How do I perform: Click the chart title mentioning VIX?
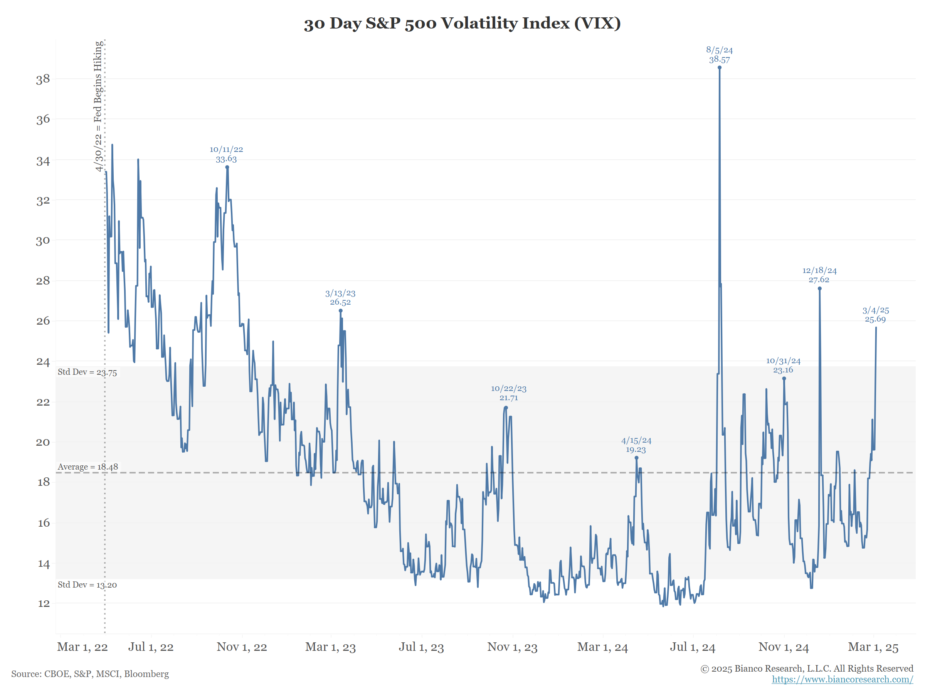pyautogui.click(x=462, y=24)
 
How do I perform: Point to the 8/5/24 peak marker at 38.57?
pyautogui.click(x=719, y=68)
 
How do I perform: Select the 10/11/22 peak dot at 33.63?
pyautogui.click(x=227, y=167)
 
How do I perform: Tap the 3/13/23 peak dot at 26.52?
pyautogui.click(x=340, y=311)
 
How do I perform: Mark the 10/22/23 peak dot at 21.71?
pyautogui.click(x=506, y=408)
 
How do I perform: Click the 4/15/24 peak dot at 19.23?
pyautogui.click(x=636, y=458)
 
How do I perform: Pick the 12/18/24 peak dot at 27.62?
pyautogui.click(x=820, y=289)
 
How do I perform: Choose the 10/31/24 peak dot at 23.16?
pyautogui.click(x=784, y=379)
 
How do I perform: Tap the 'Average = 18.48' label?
pyautogui.click(x=88, y=467)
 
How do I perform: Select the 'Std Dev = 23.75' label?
pyautogui.click(x=87, y=372)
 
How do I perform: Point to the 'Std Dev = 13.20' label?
pyautogui.click(x=87, y=585)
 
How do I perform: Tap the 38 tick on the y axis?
pyautogui.click(x=43, y=79)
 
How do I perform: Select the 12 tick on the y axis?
pyautogui.click(x=44, y=603)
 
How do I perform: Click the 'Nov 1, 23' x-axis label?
pyautogui.click(x=512, y=647)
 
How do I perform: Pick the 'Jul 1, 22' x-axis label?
pyautogui.click(x=151, y=647)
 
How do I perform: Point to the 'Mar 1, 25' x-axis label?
pyautogui.click(x=873, y=647)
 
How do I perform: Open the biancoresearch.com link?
pyautogui.click(x=842, y=679)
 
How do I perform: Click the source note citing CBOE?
pyautogui.click(x=90, y=674)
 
